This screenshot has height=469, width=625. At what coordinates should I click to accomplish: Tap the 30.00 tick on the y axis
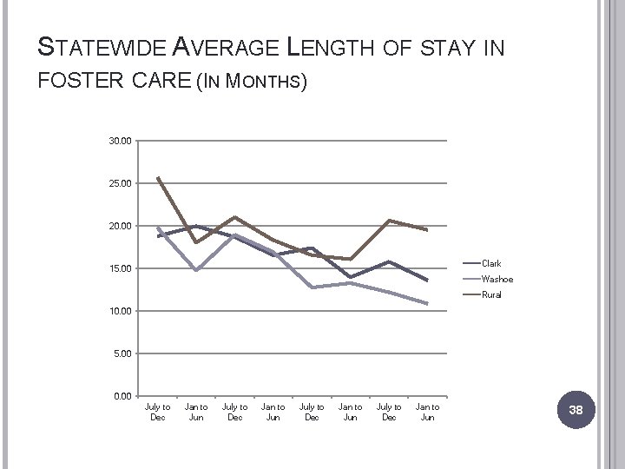[x=121, y=141]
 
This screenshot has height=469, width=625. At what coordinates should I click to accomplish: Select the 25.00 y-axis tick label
[x=121, y=183]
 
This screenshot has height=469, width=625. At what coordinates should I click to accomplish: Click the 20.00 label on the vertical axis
[x=121, y=226]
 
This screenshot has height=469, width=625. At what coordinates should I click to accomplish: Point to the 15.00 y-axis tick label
[x=121, y=268]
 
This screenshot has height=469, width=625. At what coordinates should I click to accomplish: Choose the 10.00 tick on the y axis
[x=121, y=311]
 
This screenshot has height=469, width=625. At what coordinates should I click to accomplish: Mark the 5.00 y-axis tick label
[x=122, y=353]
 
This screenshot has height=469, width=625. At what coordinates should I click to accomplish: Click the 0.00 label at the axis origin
[x=122, y=396]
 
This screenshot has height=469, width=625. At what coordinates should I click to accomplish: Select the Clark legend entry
[x=491, y=263]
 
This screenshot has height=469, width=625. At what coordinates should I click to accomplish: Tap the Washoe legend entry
[x=497, y=279]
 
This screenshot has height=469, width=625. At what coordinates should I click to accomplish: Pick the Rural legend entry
[x=491, y=294]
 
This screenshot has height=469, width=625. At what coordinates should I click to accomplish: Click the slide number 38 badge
[x=576, y=410]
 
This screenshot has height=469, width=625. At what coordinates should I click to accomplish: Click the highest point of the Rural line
[x=158, y=177]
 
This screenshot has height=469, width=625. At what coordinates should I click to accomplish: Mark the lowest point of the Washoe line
[x=427, y=304]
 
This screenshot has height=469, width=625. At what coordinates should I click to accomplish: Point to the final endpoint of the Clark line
[x=427, y=281]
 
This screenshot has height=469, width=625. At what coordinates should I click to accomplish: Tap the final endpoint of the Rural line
[x=427, y=230]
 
